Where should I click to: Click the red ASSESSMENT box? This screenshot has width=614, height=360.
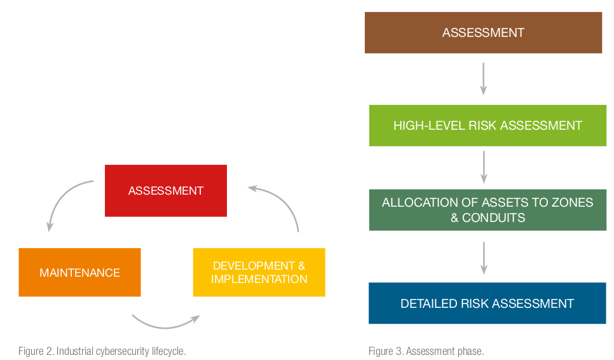pos(166,191)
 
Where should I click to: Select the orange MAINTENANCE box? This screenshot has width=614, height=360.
pos(79,272)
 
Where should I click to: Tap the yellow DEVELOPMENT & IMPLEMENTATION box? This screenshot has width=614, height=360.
pos(259,272)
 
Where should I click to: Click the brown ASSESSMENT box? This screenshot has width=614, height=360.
pos(483,32)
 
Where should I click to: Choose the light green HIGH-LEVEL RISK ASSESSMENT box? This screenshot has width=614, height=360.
pos(488,125)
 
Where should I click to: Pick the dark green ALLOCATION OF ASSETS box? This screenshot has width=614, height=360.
pos(488,210)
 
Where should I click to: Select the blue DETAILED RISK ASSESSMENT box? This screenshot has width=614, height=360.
pos(487,303)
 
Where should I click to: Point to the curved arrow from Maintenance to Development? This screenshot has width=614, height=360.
pos(165,327)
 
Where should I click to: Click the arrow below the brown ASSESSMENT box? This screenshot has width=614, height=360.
pos(484,79)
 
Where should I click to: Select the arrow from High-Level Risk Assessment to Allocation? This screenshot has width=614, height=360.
pos(484,167)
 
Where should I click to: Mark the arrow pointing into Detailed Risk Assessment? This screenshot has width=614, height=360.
pos(484,258)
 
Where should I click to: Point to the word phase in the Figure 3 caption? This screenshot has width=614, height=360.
pos(473,351)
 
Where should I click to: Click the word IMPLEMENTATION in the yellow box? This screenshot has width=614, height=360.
pos(259,279)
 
